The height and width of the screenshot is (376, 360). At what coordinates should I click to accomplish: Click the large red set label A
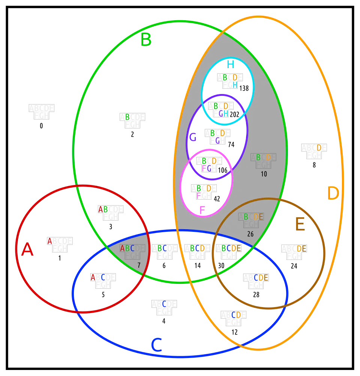coord(27,249)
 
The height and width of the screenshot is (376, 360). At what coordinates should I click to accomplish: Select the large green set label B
coord(146,40)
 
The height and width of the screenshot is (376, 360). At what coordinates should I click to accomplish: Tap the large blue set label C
coord(156,345)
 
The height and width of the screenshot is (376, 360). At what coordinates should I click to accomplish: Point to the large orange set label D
coord(333,194)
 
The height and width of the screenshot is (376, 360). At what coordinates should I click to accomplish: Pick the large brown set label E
coord(300,225)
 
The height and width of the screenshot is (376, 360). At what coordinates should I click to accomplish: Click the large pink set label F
coord(202,210)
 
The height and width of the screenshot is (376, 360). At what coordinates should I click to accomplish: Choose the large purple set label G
coord(193,137)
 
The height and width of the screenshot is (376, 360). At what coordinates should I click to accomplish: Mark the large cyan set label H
coord(230,64)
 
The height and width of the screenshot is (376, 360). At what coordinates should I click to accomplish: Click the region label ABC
coord(127,248)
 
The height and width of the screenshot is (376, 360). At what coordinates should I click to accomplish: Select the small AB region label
coord(103,209)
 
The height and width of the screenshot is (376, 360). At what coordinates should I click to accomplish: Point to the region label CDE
coord(261,278)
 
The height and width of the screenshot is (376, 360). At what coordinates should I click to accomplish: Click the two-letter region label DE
coord(301,248)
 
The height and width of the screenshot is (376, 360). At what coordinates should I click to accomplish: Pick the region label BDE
coord(253,217)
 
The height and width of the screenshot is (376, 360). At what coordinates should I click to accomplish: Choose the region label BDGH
coord(220,109)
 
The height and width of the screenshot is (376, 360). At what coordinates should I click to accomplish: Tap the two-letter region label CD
coord(236,315)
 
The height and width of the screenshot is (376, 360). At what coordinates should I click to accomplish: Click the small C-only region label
coord(164,304)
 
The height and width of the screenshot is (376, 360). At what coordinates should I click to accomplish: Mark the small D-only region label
coord(319,148)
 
